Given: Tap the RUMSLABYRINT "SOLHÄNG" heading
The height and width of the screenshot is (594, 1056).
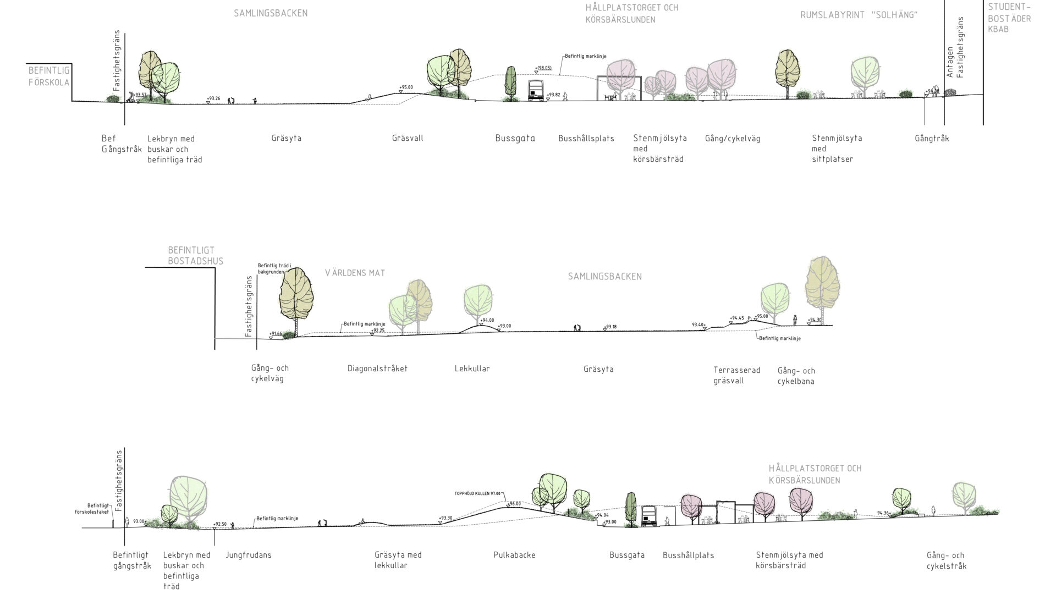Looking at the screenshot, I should pyautogui.click(x=859, y=15).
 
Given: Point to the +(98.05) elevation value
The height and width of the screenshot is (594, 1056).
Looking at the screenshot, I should pyautogui.click(x=543, y=68).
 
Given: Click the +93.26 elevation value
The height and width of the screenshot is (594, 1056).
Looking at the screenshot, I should pyautogui.click(x=213, y=99).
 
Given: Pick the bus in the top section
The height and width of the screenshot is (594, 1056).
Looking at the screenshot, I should pyautogui.click(x=536, y=91).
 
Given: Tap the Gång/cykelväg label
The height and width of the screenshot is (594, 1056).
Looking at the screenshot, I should pyautogui.click(x=733, y=139).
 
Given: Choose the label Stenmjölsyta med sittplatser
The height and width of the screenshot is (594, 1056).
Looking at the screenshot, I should pyautogui.click(x=837, y=148).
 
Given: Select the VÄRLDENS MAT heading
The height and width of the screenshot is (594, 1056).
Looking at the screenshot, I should pyautogui.click(x=355, y=273).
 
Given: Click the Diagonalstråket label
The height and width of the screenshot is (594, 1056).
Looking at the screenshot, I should pyautogui.click(x=377, y=369).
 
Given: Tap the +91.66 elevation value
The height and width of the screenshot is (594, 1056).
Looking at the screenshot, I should pyautogui.click(x=276, y=333).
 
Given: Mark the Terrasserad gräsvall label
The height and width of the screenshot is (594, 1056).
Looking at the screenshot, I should pyautogui.click(x=736, y=375).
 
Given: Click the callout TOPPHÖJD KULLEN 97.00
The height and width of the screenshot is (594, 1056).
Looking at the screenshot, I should pyautogui.click(x=477, y=493).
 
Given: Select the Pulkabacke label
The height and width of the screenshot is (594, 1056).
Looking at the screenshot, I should pyautogui.click(x=514, y=555).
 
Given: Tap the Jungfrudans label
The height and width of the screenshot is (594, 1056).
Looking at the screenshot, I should pyautogui.click(x=249, y=555).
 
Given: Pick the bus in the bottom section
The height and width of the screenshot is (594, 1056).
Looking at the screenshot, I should pyautogui.click(x=650, y=516).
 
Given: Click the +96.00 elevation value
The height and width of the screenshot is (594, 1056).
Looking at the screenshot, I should pyautogui.click(x=515, y=503).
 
